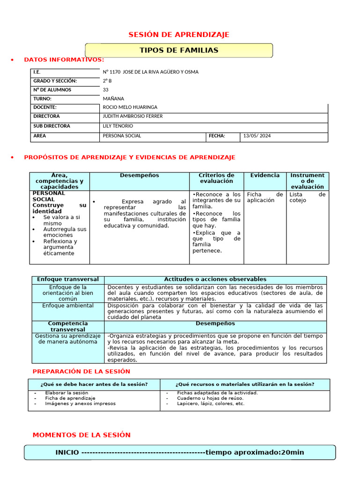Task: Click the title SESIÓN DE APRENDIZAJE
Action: coord(179,35)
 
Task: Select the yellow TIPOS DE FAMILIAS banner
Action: coord(179,50)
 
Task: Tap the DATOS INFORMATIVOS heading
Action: coord(64,60)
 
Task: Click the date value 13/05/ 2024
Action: coord(257,136)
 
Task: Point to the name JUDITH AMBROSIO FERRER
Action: coord(133,116)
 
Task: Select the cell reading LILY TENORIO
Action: coord(118,126)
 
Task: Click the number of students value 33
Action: coord(105,90)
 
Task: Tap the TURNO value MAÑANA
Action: coord(113,99)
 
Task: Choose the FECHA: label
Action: coord(217,136)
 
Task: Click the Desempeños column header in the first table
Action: coord(139,175)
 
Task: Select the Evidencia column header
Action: coord(265,175)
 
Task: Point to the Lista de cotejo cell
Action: coord(307,197)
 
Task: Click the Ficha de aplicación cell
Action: coord(265,197)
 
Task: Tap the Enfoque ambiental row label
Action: coord(68,306)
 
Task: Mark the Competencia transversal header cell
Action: coord(68,327)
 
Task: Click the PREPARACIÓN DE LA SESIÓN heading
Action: coord(81,372)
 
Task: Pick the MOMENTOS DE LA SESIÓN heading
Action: coord(82,435)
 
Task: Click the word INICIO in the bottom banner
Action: coord(67,452)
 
